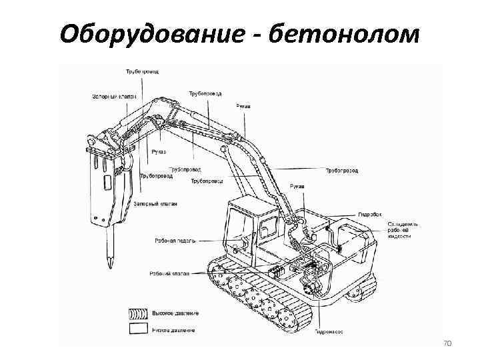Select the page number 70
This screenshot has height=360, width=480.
[447, 343]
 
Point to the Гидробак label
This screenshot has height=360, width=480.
[370, 215]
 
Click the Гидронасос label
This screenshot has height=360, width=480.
[329, 331]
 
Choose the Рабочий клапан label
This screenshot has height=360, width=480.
[169, 273]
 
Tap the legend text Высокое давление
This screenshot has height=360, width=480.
[176, 313]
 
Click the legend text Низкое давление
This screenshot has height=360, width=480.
[174, 330]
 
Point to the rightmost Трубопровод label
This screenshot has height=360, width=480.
[342, 171]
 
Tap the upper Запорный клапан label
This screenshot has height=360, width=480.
[111, 96]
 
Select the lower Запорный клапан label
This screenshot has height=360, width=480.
[155, 203]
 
